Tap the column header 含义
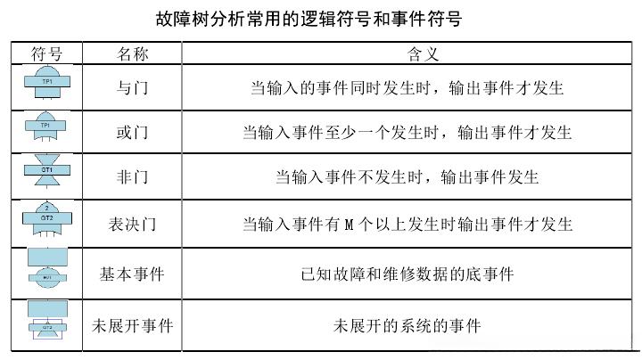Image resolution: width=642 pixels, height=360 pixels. [x=407, y=54]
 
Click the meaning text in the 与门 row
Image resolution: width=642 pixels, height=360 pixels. [x=407, y=88]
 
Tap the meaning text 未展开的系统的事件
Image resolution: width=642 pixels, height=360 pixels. [x=407, y=325]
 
